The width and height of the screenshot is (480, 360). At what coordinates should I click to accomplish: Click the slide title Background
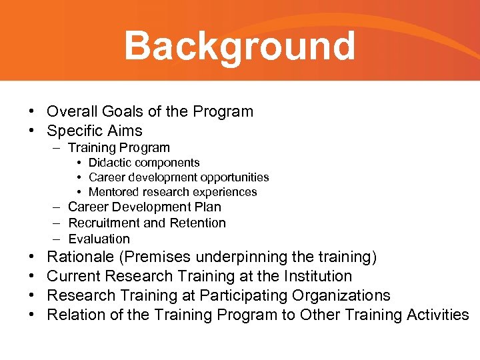click(x=239, y=46)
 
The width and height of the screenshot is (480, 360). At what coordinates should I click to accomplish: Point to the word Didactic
click(x=110, y=163)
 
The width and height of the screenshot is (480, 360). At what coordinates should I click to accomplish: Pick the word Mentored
click(x=114, y=192)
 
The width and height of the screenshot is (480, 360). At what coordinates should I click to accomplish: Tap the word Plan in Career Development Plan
click(x=208, y=207)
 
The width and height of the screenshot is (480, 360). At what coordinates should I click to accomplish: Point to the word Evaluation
click(x=99, y=239)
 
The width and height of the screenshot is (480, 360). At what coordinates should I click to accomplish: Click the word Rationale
click(x=79, y=257)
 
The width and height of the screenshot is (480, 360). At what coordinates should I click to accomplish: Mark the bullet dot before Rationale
click(x=31, y=257)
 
